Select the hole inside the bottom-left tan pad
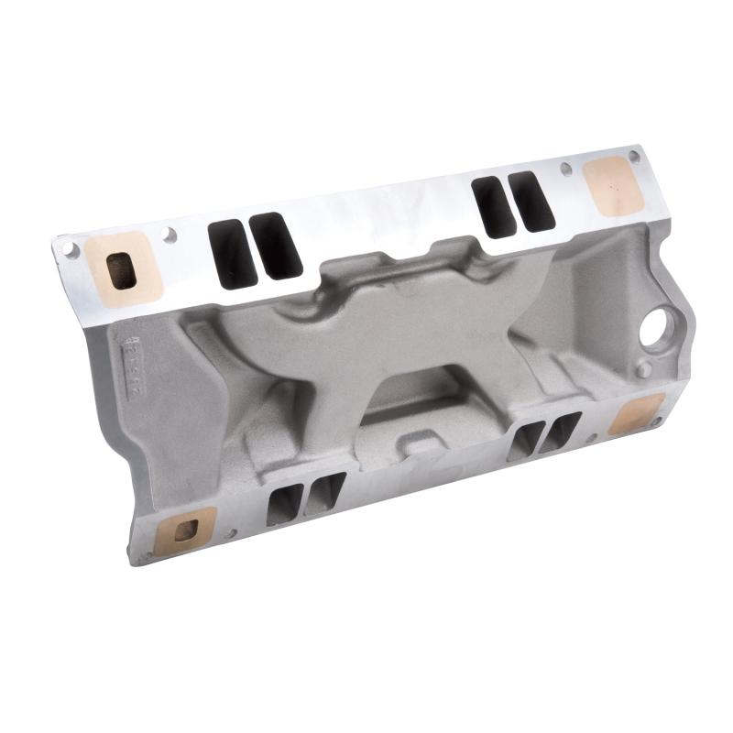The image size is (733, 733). point(186,530)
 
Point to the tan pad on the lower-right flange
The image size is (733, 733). point(636,414)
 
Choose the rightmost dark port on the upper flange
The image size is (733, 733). point(531,201)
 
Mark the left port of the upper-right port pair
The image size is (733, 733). point(493,207)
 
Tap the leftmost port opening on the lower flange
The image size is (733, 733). point(284,504)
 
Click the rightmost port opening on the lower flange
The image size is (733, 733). point(560,431)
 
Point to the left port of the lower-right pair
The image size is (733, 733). point(526,441)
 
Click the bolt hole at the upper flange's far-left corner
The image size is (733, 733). point(68,247)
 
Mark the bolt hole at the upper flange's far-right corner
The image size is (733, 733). point(634,157)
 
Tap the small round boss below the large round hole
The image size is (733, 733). point(644,370)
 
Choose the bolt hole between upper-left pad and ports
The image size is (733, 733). point(170,235)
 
